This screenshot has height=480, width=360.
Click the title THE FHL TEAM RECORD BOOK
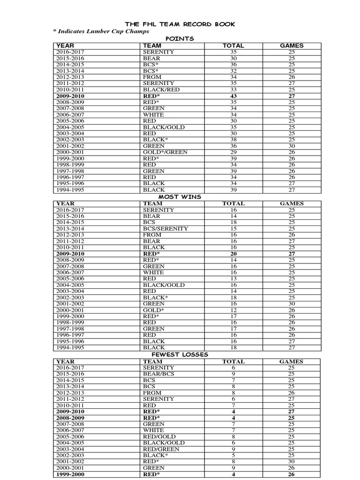(x=180, y=24)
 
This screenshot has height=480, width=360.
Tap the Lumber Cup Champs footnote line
(x=101, y=31)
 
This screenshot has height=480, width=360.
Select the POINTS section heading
(x=180, y=39)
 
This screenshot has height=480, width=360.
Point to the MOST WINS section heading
(x=180, y=197)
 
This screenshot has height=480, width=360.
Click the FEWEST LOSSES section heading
(x=180, y=354)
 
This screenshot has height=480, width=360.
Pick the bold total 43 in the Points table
(x=233, y=96)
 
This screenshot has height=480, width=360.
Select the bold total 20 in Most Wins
(x=233, y=254)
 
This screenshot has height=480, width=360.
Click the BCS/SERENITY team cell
(x=165, y=229)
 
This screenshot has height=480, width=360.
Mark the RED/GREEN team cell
(x=161, y=449)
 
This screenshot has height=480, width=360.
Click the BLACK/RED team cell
(x=161, y=90)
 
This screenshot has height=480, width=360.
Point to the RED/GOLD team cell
(x=159, y=436)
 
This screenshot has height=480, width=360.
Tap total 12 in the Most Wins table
(x=233, y=310)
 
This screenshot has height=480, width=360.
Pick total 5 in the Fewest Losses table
(x=233, y=455)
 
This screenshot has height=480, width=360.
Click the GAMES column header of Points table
(x=292, y=45)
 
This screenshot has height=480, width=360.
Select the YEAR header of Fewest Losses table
(x=66, y=361)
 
